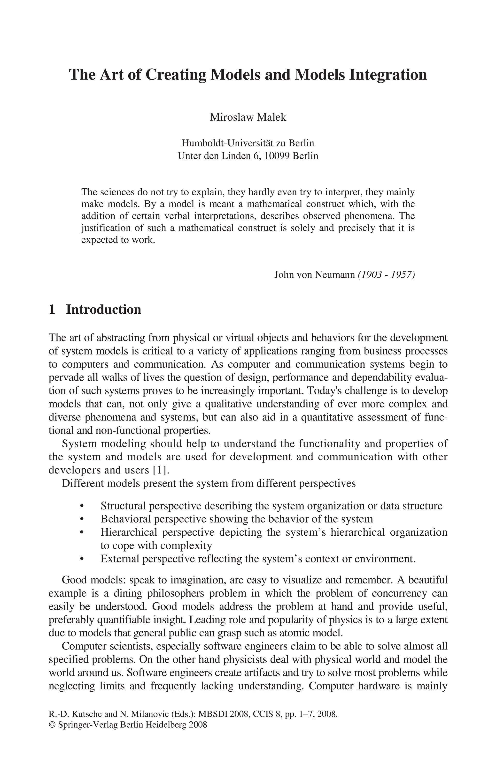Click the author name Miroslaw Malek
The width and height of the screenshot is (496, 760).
tap(248, 117)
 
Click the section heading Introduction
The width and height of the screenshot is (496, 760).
tap(103, 310)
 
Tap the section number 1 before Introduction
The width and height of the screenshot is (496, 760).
tap(52, 310)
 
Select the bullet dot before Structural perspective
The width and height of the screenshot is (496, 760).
tap(82, 506)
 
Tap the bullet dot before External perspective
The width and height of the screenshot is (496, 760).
tap(82, 559)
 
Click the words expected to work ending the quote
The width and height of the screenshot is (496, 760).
tap(118, 240)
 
